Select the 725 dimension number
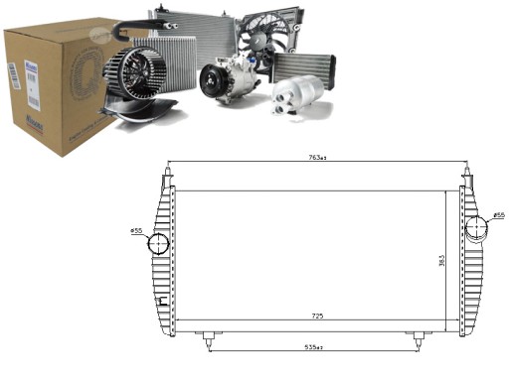coord(317,316)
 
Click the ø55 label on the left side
coord(136,231)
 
